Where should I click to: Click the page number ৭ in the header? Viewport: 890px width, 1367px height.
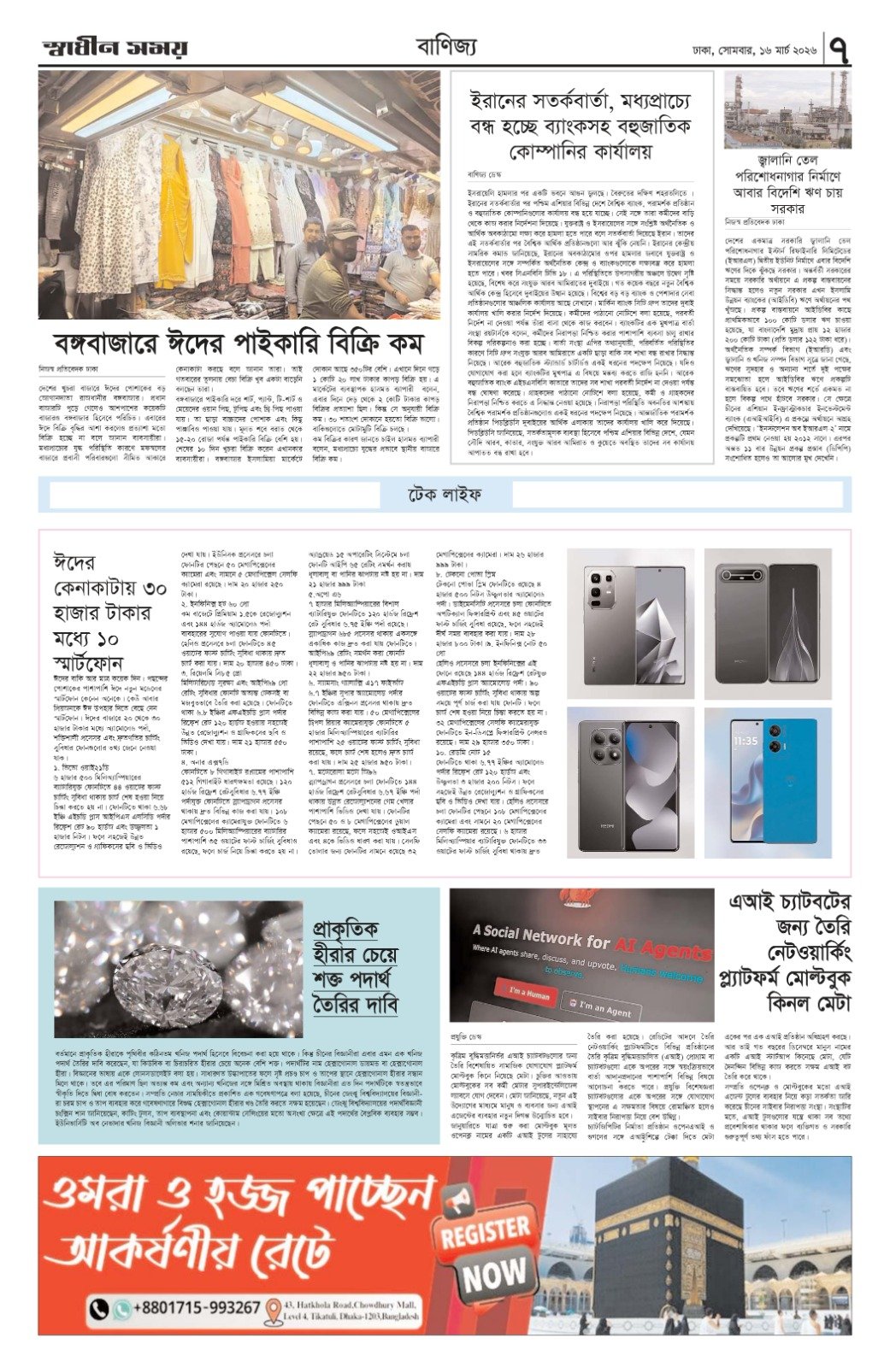pyautogui.click(x=839, y=50)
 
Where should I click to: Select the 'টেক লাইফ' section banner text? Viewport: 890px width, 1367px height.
pyautogui.click(x=444, y=495)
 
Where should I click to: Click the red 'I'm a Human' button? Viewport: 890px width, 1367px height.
pyautogui.click(x=529, y=994)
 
